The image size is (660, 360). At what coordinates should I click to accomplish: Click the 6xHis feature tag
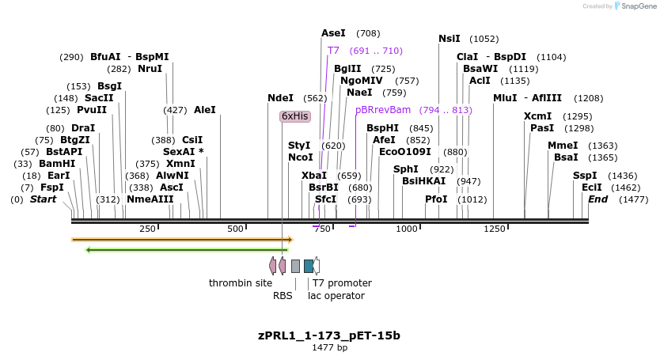294,116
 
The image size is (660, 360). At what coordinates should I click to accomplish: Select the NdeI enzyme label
280,98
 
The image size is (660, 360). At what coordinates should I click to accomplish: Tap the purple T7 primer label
333,51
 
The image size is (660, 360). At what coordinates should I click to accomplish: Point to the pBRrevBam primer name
383,110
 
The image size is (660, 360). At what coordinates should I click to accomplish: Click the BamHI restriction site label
56,164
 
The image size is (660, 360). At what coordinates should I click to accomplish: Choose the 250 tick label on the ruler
147,229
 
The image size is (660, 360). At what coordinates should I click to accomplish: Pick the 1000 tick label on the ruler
406,229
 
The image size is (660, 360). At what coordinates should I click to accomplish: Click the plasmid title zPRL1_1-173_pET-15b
329,335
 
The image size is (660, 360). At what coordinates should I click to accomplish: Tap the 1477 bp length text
329,347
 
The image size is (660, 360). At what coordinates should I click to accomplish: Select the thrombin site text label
241,283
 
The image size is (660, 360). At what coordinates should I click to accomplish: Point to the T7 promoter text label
342,283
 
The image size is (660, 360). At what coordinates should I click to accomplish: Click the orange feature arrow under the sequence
182,239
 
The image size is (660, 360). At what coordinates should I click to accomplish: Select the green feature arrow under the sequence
187,250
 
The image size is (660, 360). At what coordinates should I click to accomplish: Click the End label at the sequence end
597,199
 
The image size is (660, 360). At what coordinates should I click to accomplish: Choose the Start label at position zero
44,199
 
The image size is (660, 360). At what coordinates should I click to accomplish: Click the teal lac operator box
309,266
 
